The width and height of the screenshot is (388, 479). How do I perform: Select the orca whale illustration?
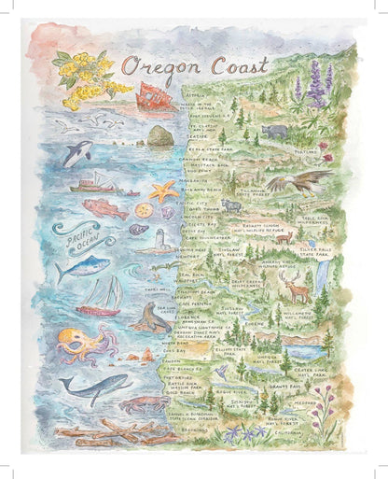[x=76, y=151]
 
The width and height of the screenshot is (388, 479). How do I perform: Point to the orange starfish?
[x=163, y=192]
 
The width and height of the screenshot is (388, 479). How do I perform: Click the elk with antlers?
[x=296, y=289]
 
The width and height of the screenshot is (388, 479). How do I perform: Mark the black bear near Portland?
[x=275, y=132]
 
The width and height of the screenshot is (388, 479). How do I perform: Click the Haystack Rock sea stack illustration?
[x=159, y=135]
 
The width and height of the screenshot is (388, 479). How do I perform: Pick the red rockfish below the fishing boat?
[x=105, y=208]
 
